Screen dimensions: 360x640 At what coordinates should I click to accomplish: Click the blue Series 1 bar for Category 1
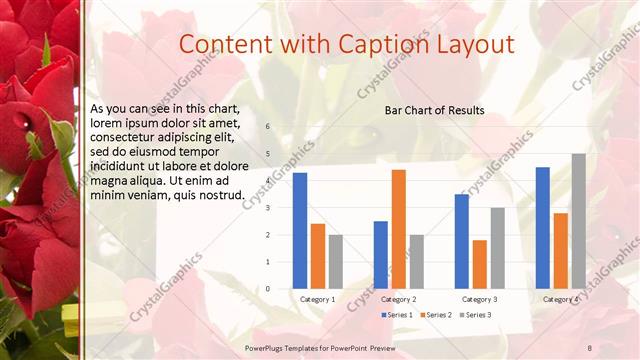tap(300, 230)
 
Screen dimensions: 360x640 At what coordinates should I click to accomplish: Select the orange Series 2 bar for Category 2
tap(399, 229)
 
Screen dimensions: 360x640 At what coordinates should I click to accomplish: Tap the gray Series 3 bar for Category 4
tap(579, 221)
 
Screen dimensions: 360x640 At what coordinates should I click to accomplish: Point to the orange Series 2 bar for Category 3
tap(480, 264)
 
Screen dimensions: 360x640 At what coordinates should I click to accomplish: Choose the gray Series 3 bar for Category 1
tap(336, 261)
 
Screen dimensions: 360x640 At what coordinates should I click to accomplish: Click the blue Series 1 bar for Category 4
tap(543, 228)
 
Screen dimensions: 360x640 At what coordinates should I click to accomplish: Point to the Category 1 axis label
tap(318, 299)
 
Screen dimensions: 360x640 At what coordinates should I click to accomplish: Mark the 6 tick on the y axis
tap(268, 126)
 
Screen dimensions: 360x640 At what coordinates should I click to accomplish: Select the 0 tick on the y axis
tap(268, 288)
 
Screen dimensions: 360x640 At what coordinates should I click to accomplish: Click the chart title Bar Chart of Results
tap(435, 110)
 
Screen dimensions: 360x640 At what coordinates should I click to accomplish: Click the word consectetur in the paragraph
tap(125, 135)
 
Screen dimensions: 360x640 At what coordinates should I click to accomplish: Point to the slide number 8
tap(589, 347)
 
